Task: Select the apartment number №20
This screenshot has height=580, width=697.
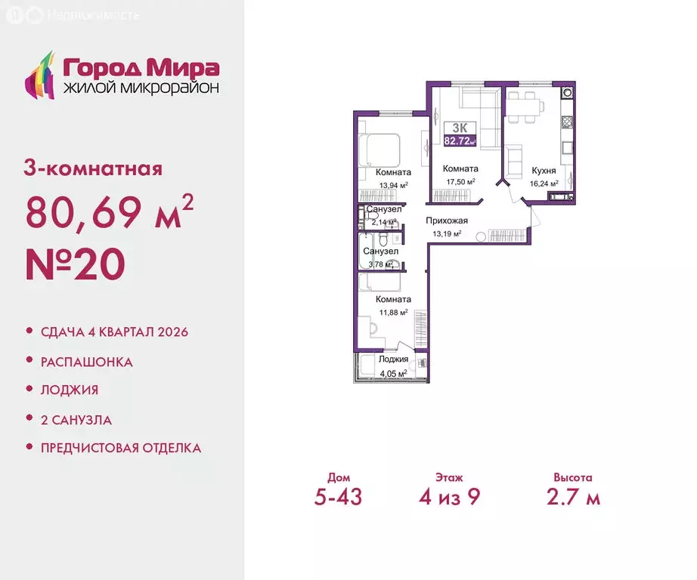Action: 75,265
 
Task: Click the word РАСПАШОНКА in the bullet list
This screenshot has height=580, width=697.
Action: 87,362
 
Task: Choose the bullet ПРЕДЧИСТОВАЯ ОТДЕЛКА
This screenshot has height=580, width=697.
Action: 121,448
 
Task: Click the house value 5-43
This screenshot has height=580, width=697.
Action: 339,498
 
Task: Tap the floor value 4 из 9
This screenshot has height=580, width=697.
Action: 449,498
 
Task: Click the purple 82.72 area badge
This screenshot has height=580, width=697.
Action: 460,140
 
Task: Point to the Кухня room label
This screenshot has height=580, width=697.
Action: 544,171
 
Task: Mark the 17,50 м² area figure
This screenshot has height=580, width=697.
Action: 460,182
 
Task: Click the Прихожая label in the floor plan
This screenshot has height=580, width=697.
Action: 447,221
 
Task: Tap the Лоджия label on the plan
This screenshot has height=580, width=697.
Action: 393,359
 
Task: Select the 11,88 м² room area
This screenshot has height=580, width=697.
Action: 393,312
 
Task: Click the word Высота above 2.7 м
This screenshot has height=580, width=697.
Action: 572,477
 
